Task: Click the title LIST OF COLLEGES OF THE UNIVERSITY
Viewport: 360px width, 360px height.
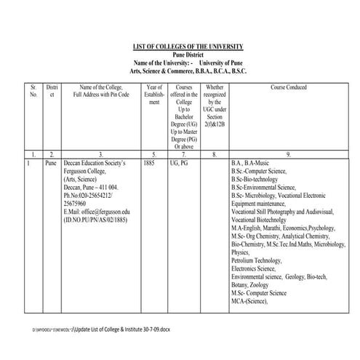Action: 188,47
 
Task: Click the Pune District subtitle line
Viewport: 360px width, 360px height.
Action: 188,55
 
